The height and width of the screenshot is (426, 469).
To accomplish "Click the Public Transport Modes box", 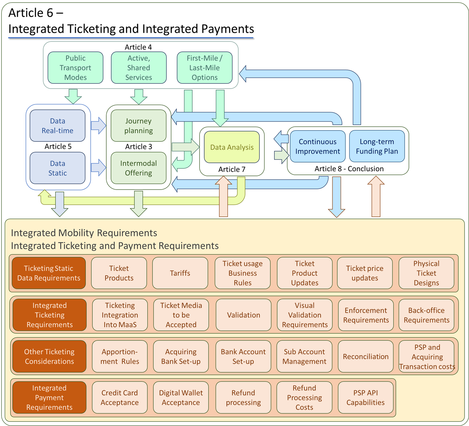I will tap(75, 68).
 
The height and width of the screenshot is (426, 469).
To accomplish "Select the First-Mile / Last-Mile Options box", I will tap(204, 68).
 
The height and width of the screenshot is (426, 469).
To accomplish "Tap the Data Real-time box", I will tap(57, 126).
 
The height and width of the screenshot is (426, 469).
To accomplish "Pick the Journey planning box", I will tap(138, 126).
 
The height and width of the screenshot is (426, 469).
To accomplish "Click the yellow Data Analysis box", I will tap(232, 147).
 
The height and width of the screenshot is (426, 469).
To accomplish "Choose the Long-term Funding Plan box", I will tap(377, 146).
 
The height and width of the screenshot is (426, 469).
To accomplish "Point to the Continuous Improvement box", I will tap(318, 146).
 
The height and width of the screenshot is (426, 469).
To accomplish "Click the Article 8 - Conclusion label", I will tap(349, 169).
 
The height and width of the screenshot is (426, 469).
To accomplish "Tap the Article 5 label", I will tap(58, 146).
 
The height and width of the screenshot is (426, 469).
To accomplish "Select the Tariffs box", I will tap(180, 273).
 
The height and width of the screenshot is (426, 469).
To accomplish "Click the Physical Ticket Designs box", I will tap(426, 273).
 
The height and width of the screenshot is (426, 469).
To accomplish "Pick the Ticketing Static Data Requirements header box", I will tap(49, 273).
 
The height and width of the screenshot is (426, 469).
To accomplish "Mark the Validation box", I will tap(243, 315).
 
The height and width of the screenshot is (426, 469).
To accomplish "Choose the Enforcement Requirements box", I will tap(366, 315).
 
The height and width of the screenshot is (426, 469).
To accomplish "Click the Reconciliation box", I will tap(366, 356).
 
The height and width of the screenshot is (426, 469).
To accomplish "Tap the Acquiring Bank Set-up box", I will tap(181, 356).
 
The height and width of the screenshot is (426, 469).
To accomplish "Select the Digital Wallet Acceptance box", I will tap(181, 398).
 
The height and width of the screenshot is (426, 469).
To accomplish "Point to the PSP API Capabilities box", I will tap(365, 398).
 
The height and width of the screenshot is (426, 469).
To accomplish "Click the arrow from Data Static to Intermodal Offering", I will tap(98, 168).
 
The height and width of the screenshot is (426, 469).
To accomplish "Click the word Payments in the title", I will tap(227, 29).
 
